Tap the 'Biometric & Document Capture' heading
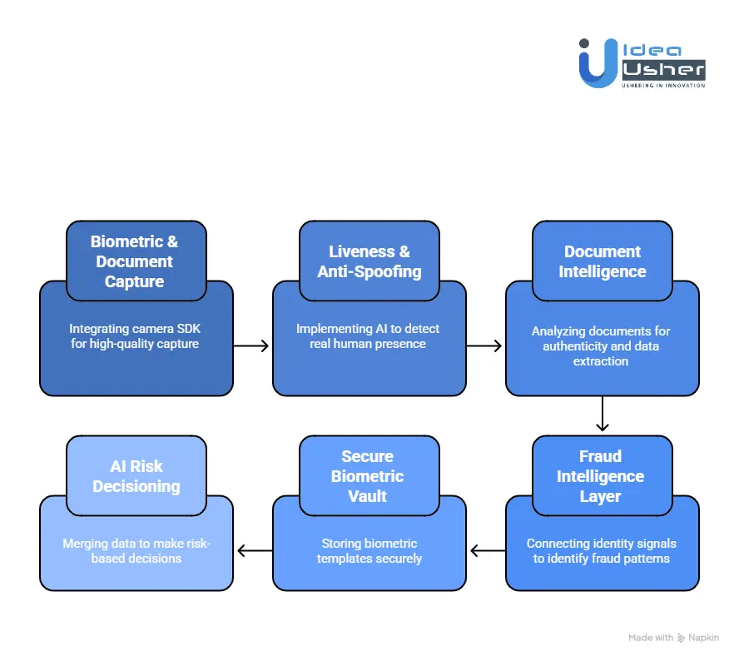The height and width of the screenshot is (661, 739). tap(135, 261)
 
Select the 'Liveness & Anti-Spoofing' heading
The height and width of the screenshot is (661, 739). tap(369, 261)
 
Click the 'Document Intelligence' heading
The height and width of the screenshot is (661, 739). tap(602, 261)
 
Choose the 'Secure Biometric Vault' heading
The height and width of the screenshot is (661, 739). tap(368, 476)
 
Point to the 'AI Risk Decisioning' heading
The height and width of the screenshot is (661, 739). tap(136, 476)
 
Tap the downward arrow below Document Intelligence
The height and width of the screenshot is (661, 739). tap(603, 414)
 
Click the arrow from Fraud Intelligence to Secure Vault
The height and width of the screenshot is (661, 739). tap(486, 550)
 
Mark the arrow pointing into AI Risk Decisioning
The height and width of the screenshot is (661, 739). tap(253, 550)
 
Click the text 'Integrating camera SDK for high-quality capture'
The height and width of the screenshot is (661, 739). tap(135, 335)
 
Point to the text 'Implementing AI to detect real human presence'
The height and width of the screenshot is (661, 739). tap(368, 335)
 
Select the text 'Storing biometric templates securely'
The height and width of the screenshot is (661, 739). tap(369, 550)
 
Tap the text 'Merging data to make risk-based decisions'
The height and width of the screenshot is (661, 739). tap(136, 550)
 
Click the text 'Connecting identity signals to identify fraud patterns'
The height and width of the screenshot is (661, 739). tap(602, 550)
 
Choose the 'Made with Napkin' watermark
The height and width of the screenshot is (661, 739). tap(673, 638)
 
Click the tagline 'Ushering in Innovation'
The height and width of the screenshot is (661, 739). tap(664, 85)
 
